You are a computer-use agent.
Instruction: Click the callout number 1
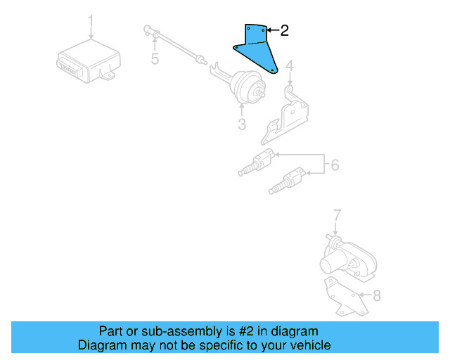click(x=90, y=19)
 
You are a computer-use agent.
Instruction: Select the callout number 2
click(x=284, y=30)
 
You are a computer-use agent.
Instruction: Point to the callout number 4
click(x=290, y=67)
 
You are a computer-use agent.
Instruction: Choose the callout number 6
click(x=335, y=165)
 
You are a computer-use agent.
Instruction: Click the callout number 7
click(x=337, y=214)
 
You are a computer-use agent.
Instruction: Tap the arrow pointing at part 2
click(x=273, y=30)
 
